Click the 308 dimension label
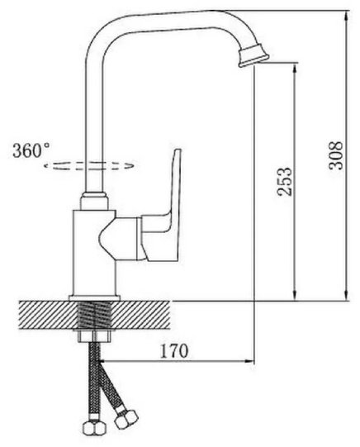click(336, 155)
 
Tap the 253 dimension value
click(285, 182)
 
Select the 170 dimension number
click(174, 351)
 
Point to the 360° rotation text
click(31, 150)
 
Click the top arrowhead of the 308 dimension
click(346, 16)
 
